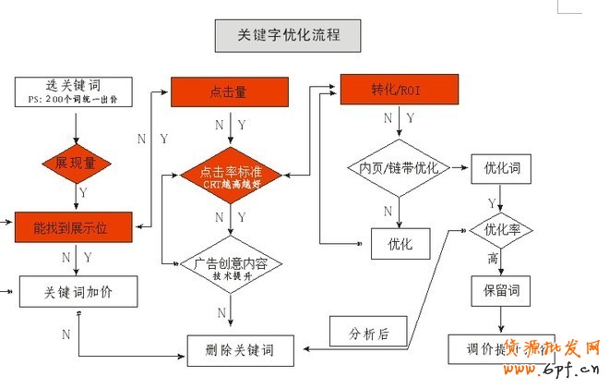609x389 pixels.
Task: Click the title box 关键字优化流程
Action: click(x=287, y=36)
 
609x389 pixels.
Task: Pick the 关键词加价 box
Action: click(x=78, y=292)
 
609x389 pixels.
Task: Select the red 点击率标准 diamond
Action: click(x=230, y=172)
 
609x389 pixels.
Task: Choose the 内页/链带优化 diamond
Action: click(x=399, y=168)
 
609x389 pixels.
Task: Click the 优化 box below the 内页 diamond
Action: click(x=400, y=244)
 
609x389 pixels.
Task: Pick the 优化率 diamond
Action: click(x=501, y=229)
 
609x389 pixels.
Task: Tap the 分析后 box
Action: click(x=369, y=332)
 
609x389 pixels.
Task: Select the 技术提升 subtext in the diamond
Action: click(x=231, y=275)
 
